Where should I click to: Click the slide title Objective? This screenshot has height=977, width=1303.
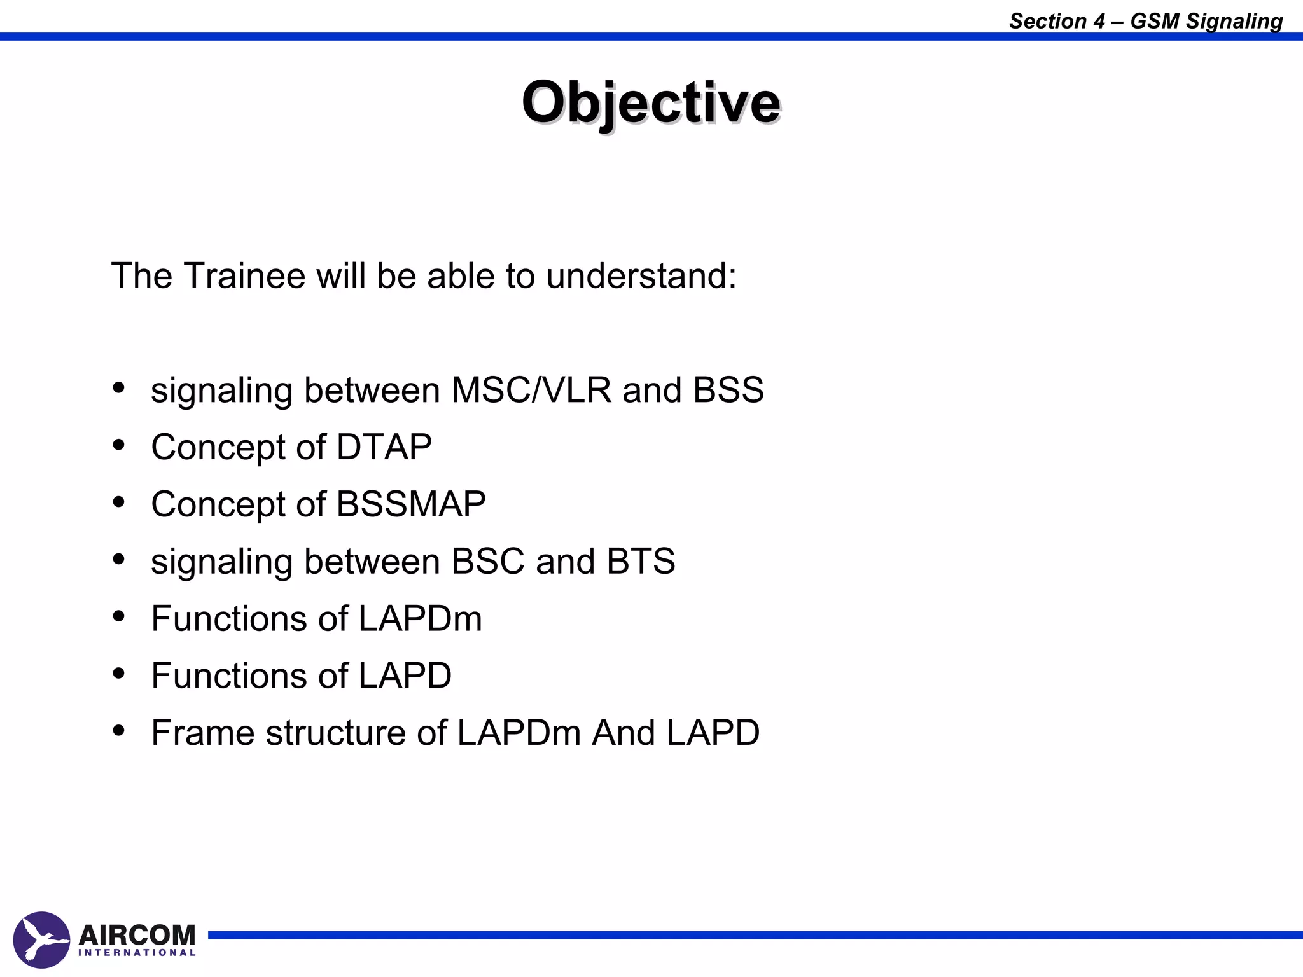pyautogui.click(x=650, y=103)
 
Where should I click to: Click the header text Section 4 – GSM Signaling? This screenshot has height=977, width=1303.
pyautogui.click(x=1145, y=21)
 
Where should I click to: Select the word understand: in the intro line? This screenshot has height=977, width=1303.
pyautogui.click(x=641, y=276)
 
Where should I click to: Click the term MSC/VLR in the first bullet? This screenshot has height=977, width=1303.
pyautogui.click(x=531, y=390)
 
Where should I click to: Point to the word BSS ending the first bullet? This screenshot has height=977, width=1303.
pyautogui.click(x=728, y=390)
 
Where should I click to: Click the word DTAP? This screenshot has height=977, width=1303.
pyautogui.click(x=384, y=447)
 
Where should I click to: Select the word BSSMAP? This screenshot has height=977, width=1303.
pyautogui.click(x=410, y=504)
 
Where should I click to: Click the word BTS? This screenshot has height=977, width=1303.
pyautogui.click(x=641, y=561)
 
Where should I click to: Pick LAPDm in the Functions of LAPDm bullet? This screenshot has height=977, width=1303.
pyautogui.click(x=420, y=618)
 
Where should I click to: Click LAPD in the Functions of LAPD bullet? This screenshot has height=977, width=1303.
pyautogui.click(x=405, y=676)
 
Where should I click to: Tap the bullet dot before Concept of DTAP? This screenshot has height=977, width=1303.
pyautogui.click(x=118, y=445)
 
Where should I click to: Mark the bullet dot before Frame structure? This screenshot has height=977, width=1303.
pyautogui.click(x=118, y=731)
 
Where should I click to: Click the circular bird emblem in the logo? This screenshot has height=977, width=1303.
pyautogui.click(x=41, y=939)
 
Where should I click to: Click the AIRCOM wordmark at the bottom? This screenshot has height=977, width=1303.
pyautogui.click(x=137, y=934)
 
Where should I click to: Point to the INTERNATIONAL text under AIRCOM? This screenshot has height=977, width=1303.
pyautogui.click(x=137, y=953)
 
